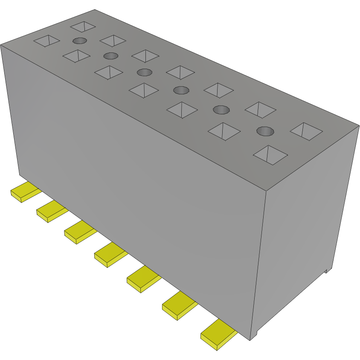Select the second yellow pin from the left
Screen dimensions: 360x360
pyautogui.click(x=51, y=212)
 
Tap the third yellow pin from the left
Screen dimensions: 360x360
pyautogui.click(x=79, y=233)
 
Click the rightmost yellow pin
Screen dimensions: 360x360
pyautogui.click(x=218, y=334)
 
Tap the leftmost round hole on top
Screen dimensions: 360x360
pyautogui.click(x=80, y=41)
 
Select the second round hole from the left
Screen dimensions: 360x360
pyautogui.click(x=111, y=55)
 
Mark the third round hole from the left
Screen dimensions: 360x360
pyautogui.click(x=145, y=72)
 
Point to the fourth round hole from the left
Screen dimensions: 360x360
pyautogui.click(x=181, y=90)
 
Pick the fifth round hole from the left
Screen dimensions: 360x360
pyautogui.click(x=221, y=109)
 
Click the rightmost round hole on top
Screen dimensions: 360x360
pyautogui.click(x=265, y=131)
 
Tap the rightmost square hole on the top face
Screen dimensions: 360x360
pyautogui.click(x=306, y=131)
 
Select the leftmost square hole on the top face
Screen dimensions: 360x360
pyautogui.click(x=46, y=41)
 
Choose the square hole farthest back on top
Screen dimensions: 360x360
pyautogui.click(x=83, y=26)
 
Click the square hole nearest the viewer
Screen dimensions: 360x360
pyautogui.click(x=270, y=155)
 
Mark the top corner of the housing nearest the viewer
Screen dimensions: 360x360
pyautogui.click(x=266, y=191)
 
